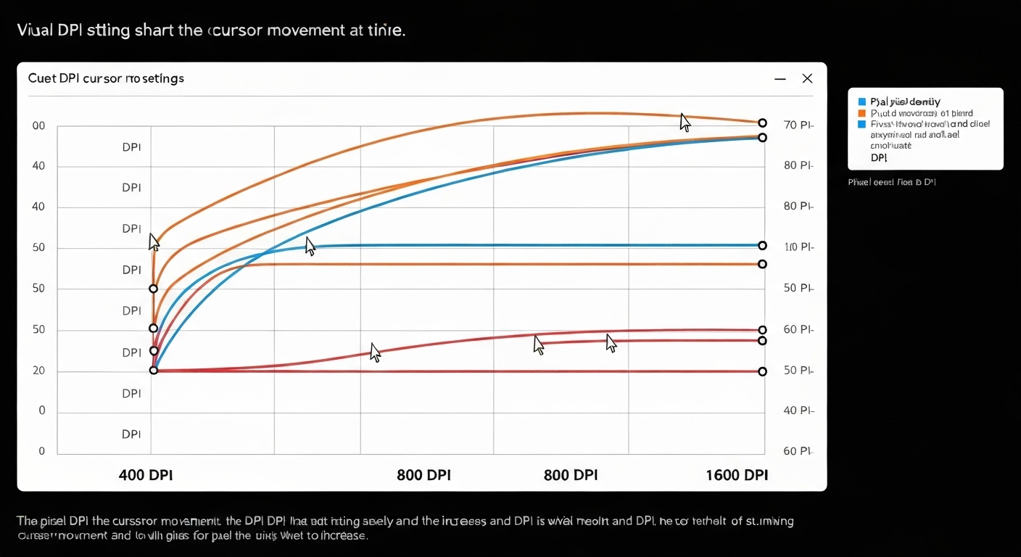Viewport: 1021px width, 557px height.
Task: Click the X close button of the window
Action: click(807, 78)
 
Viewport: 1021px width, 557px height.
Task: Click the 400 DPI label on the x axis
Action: click(146, 475)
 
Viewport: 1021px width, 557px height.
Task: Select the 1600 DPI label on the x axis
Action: click(736, 475)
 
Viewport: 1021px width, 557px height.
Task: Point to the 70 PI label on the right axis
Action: click(799, 125)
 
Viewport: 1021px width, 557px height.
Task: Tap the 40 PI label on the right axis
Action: click(799, 410)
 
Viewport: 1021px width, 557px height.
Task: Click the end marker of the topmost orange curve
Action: click(762, 123)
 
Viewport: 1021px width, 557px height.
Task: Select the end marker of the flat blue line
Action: click(762, 246)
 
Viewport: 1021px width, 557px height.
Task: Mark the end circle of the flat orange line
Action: click(762, 264)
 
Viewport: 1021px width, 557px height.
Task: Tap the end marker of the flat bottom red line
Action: click(762, 371)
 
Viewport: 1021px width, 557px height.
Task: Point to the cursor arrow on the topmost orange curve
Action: click(684, 121)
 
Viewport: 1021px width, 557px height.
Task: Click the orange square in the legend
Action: click(861, 113)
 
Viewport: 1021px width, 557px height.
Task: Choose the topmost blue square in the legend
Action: click(861, 102)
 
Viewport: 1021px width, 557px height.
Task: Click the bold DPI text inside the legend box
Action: click(879, 157)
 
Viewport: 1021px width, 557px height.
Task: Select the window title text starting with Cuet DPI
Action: click(106, 78)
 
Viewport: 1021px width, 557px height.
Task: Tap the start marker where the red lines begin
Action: click(154, 371)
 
